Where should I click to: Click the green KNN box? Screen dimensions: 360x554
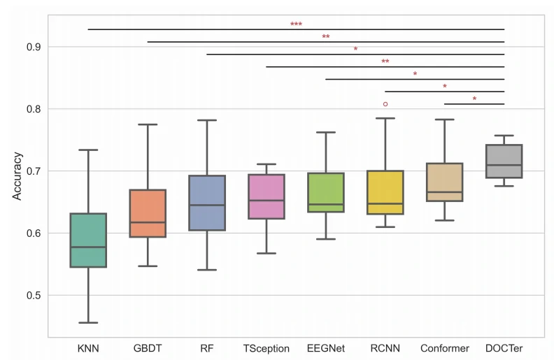88,240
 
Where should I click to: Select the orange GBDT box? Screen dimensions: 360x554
148,213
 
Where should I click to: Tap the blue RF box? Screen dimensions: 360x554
207,203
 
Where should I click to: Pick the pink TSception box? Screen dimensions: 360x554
267,196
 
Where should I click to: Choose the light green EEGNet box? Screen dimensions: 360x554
326,192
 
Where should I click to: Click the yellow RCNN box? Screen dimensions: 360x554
385,192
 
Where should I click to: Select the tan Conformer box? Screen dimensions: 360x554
445,182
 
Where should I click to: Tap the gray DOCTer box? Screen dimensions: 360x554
504,161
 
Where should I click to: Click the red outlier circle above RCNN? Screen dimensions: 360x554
385,104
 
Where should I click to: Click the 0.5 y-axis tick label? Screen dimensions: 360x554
32,296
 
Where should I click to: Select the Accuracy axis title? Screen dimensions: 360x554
17,176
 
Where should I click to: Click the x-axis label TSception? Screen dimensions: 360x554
267,348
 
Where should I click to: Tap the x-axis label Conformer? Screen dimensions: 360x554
445,348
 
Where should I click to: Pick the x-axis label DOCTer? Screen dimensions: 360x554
504,348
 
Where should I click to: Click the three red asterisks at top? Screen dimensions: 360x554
296,25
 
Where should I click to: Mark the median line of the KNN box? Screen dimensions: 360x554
88,247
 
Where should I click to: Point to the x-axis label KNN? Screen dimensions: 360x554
88,348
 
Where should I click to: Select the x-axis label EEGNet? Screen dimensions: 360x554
326,348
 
